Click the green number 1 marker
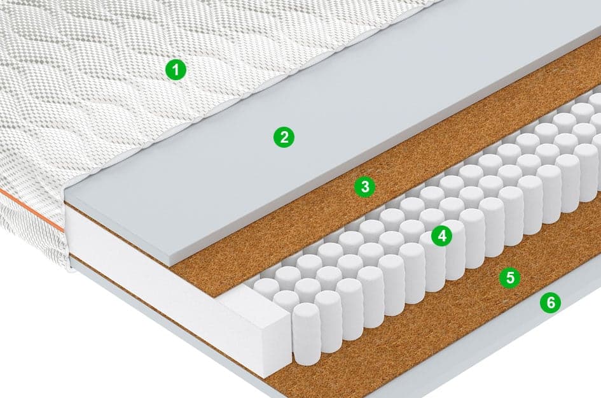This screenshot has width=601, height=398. pos(176,70)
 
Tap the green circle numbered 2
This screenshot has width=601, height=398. pos(284,137)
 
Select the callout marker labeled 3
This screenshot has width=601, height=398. pos(365,187)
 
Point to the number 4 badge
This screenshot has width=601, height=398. pos(442,236)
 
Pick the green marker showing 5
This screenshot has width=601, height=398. pos(510,277)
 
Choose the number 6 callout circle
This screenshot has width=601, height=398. pos(550,302)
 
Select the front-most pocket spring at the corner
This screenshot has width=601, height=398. pos(307,328)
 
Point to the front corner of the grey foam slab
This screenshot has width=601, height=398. pos(169,267)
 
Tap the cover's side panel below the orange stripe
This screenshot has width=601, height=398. pos(31,238)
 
